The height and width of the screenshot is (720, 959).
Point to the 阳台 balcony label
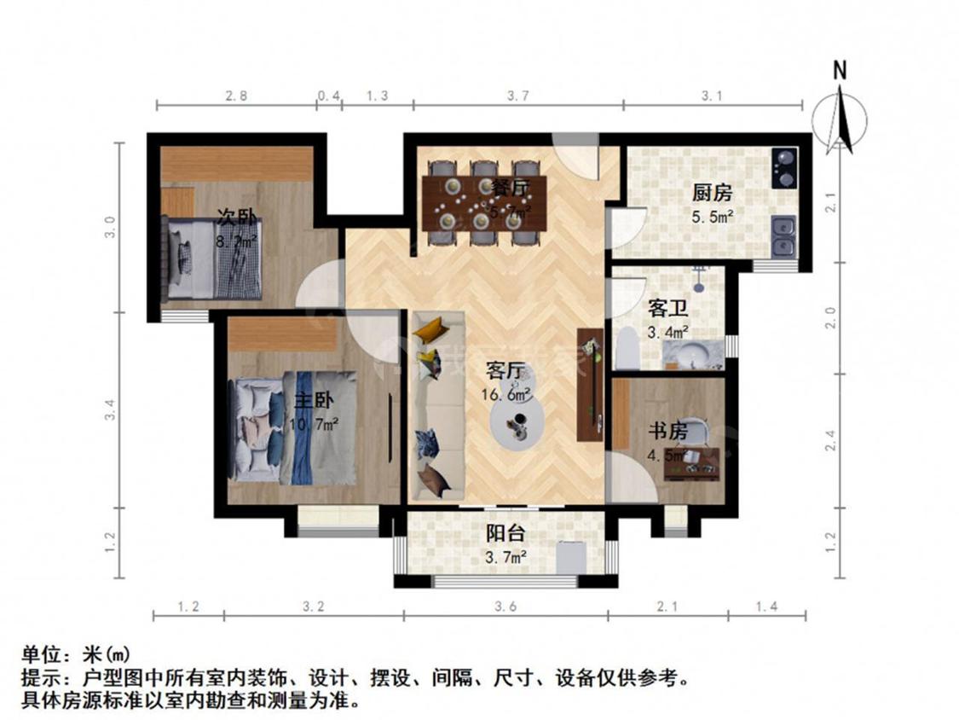[505, 534]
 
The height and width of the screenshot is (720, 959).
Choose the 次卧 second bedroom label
[236, 218]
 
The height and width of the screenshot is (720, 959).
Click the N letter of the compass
[840, 71]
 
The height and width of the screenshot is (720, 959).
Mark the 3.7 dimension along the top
[517, 96]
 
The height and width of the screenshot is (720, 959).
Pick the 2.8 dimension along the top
[236, 96]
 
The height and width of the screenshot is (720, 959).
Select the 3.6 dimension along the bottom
[505, 607]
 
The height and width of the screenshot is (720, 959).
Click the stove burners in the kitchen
[783, 167]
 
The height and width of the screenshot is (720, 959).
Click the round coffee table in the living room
[517, 421]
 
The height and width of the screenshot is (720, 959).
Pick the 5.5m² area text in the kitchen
[713, 218]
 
